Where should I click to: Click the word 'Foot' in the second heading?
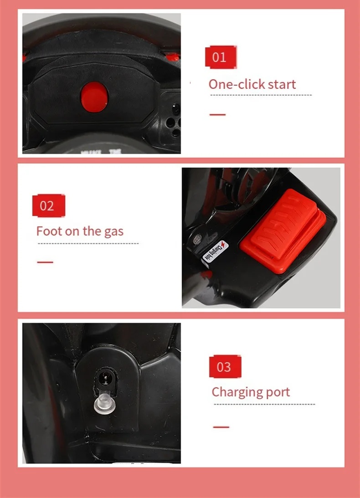49,231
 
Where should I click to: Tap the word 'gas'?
113,232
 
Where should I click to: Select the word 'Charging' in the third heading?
238,392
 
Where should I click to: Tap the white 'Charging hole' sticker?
216,251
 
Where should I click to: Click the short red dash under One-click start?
217,114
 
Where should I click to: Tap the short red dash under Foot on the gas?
45,262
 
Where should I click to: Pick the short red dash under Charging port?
221,427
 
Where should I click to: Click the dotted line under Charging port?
263,404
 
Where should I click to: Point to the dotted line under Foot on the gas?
87,244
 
